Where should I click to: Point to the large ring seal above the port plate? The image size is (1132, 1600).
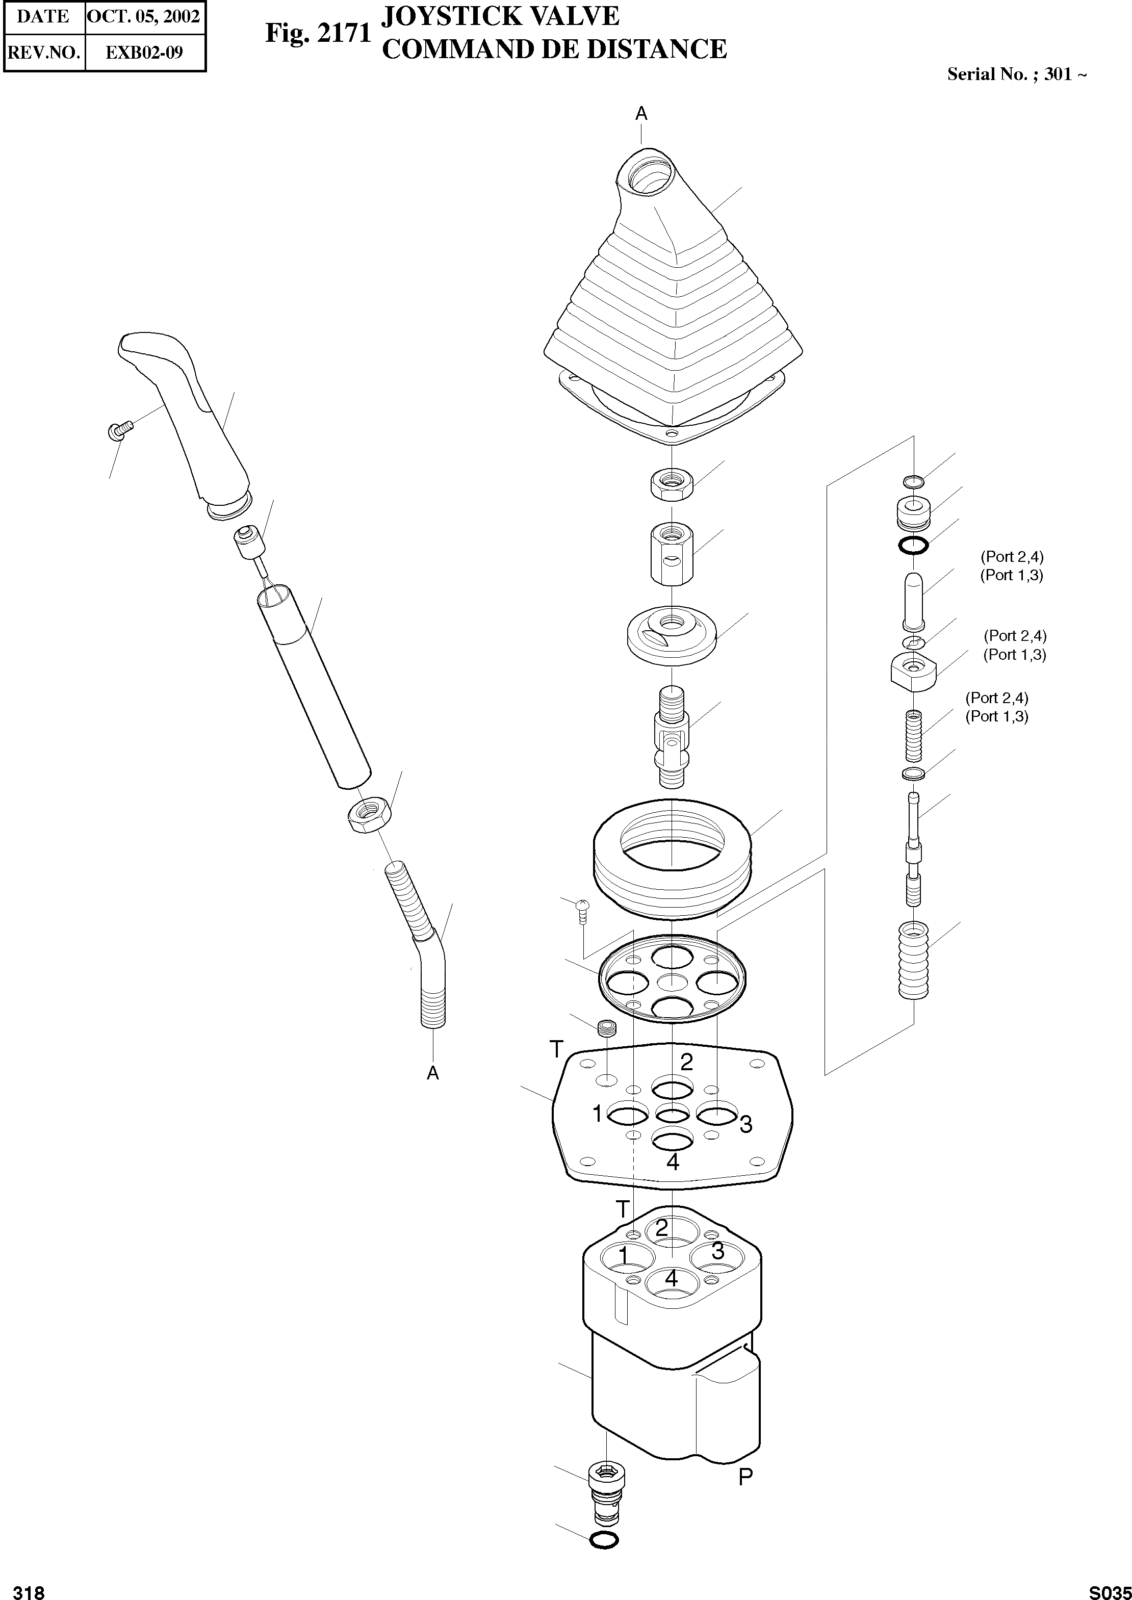(x=672, y=859)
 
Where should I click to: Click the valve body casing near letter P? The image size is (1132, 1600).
(x=673, y=1387)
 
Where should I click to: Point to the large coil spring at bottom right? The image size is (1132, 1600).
(x=914, y=960)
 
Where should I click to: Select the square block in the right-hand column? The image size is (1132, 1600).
(x=913, y=669)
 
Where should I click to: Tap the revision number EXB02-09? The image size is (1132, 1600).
(x=144, y=53)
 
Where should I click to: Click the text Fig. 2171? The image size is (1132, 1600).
(x=318, y=34)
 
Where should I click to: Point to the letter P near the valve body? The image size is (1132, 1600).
(x=745, y=1475)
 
